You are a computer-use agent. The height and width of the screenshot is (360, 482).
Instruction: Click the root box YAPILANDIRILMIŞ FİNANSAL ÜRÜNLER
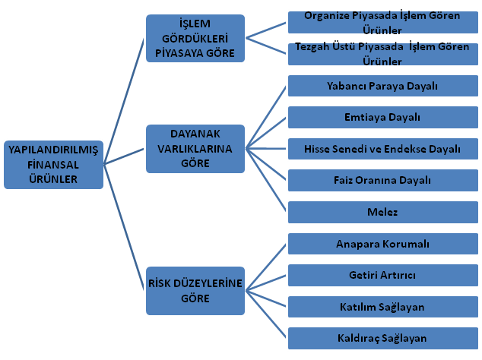pyautogui.click(x=53, y=165)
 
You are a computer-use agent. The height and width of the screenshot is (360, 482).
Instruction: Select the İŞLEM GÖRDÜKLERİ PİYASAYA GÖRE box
pyautogui.click(x=195, y=39)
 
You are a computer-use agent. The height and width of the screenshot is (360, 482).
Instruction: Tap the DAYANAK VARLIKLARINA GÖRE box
pyautogui.click(x=195, y=149)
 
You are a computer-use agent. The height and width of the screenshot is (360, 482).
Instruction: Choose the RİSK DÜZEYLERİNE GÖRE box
pyautogui.click(x=195, y=291)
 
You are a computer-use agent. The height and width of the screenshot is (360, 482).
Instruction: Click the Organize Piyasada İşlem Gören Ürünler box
pyautogui.click(x=382, y=23)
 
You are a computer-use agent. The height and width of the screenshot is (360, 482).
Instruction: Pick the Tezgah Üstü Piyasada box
pyautogui.click(x=382, y=54)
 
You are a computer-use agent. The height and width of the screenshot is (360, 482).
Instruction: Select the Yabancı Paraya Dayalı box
pyautogui.click(x=382, y=86)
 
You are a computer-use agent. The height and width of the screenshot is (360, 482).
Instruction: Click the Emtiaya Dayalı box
pyautogui.click(x=382, y=117)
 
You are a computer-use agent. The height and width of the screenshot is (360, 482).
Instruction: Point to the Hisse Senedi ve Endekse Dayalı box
pyautogui.click(x=382, y=149)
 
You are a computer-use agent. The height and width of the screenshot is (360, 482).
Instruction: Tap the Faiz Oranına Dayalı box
pyautogui.click(x=382, y=180)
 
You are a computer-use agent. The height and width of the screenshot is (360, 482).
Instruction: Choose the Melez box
pyautogui.click(x=382, y=212)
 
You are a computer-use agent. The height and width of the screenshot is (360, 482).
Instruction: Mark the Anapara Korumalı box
pyautogui.click(x=382, y=244)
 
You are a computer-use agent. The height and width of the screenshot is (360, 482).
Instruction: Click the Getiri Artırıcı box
pyautogui.click(x=382, y=275)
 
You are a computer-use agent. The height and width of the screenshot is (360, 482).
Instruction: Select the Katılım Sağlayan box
pyautogui.click(x=382, y=307)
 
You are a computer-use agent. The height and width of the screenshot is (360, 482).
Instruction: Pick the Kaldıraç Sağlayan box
pyautogui.click(x=382, y=338)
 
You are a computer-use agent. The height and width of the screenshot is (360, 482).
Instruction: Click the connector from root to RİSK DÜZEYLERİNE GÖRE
pyautogui.click(x=124, y=227)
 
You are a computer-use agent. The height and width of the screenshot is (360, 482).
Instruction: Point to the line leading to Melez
pyautogui.click(x=266, y=180)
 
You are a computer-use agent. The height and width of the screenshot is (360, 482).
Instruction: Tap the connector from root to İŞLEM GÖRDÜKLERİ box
pyautogui.click(x=124, y=101)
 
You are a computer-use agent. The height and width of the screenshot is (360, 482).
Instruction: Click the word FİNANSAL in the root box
pyautogui.click(x=53, y=165)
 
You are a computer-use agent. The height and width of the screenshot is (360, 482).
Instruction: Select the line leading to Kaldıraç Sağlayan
pyautogui.click(x=266, y=314)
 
